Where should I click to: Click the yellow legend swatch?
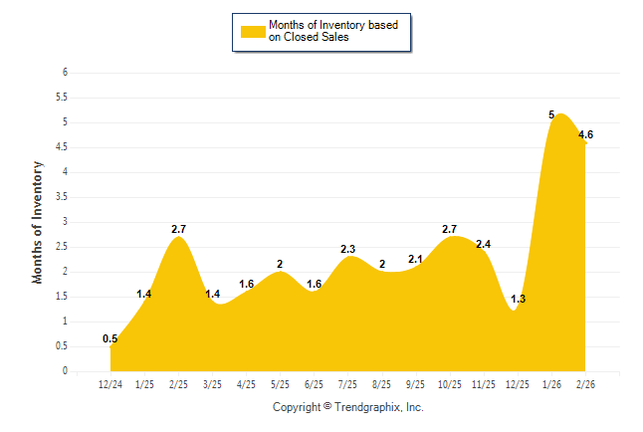click(253, 32)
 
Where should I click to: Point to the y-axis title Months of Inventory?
click(38, 222)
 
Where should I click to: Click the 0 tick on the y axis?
click(65, 371)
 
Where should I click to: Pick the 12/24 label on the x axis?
click(110, 383)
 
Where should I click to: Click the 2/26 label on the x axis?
click(585, 383)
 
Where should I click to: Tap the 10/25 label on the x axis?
click(450, 383)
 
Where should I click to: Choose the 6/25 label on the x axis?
click(314, 383)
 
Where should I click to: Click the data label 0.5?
click(110, 338)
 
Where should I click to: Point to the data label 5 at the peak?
click(551, 114)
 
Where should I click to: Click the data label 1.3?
click(518, 299)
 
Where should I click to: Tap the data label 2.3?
click(348, 249)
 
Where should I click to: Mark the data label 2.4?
click(484, 244)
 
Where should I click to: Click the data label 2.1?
click(416, 259)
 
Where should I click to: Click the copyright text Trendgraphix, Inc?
click(347, 407)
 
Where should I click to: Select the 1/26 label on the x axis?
click(551, 383)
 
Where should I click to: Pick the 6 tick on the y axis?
click(65, 73)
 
